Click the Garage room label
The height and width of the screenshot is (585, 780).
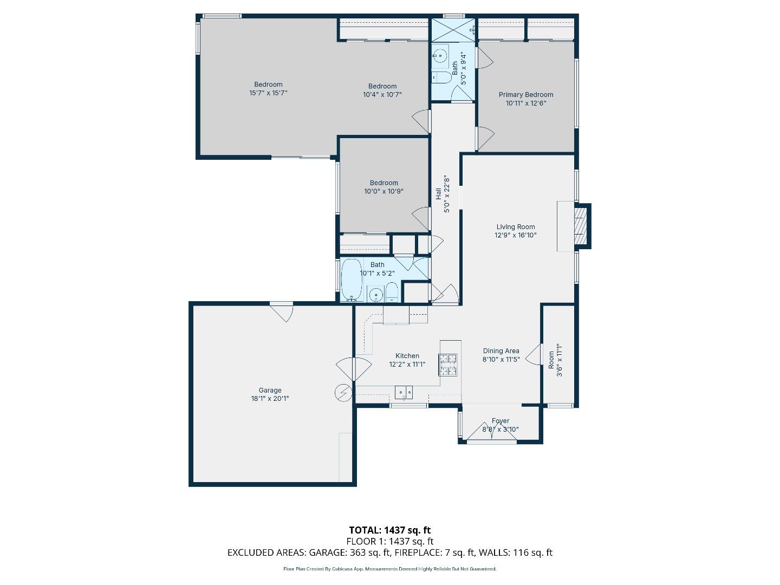270,390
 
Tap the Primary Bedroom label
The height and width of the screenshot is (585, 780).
525,95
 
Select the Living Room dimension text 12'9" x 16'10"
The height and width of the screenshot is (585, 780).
515,236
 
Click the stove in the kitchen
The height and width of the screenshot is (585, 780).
448,365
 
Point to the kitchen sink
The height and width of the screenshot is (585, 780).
404,392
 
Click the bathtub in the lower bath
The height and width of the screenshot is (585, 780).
352,279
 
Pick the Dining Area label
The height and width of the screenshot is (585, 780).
501,351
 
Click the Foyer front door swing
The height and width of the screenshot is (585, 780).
492,431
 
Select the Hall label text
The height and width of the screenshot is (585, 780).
439,193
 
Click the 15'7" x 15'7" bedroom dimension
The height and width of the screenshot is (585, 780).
268,93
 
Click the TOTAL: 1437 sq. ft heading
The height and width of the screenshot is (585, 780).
389,530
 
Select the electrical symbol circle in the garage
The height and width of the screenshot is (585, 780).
343,392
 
